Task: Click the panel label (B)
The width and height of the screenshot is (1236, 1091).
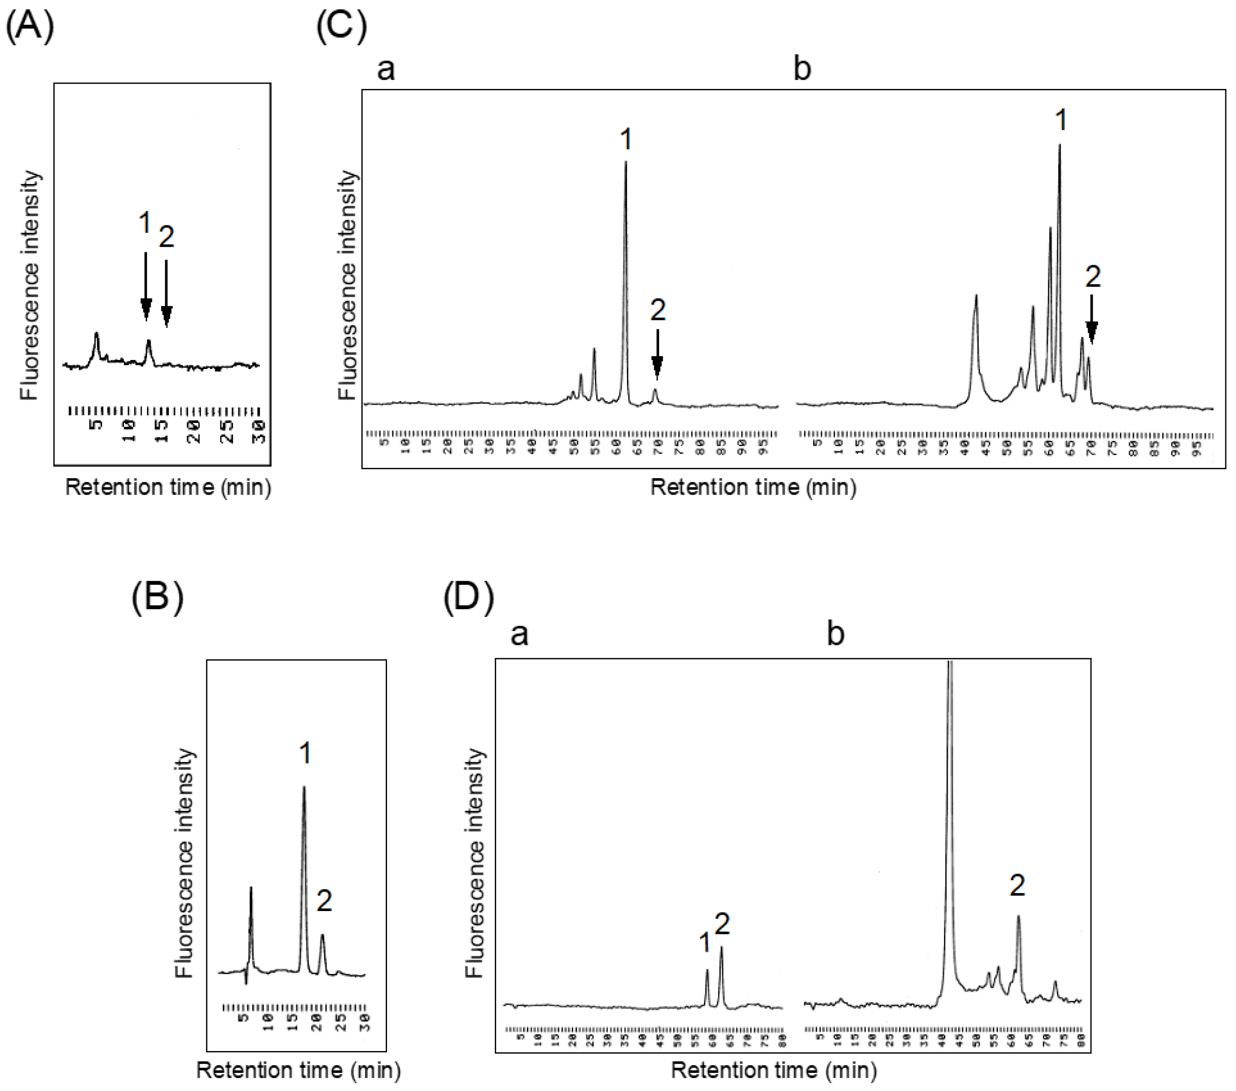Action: pyautogui.click(x=157, y=598)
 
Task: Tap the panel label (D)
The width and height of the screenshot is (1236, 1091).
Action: pyautogui.click(x=469, y=598)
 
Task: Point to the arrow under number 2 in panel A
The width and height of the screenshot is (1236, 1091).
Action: pyautogui.click(x=166, y=293)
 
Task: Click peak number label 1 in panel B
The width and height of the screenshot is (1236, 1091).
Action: pyautogui.click(x=305, y=754)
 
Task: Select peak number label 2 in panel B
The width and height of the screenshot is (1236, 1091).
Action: pyautogui.click(x=324, y=902)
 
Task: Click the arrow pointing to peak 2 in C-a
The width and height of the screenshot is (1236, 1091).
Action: pyautogui.click(x=657, y=355)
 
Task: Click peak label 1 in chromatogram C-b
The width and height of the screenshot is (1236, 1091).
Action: pyautogui.click(x=1061, y=120)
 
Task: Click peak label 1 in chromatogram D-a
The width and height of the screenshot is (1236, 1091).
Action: pyautogui.click(x=704, y=942)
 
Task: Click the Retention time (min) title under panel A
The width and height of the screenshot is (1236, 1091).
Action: pyautogui.click(x=168, y=487)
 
